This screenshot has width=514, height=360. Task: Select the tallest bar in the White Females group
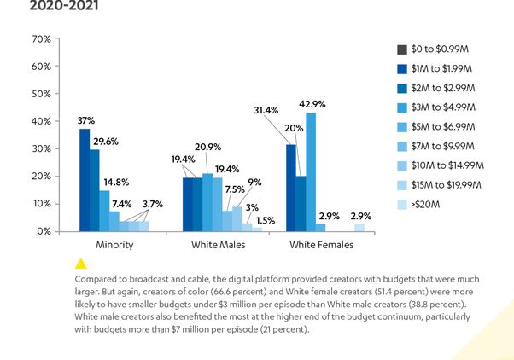tap(311, 171)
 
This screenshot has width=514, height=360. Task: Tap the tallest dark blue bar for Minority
tap(85, 180)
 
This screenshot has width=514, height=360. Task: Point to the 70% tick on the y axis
tap(40, 39)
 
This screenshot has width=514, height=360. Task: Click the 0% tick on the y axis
tap(43, 231)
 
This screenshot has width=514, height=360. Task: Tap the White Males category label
tap(218, 245)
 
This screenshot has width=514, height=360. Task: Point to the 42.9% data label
tap(312, 104)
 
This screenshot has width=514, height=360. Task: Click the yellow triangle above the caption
tap(82, 264)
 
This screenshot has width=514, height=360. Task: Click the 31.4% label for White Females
tap(267, 110)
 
